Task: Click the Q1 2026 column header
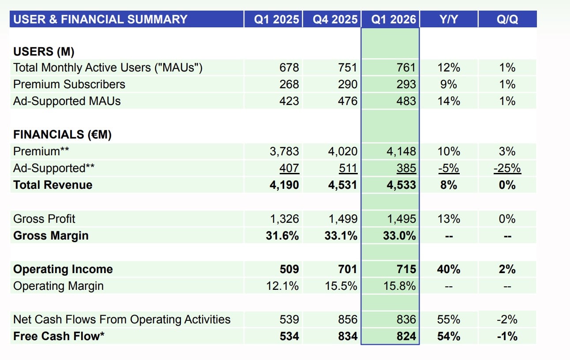(394, 19)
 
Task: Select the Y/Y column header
(448, 19)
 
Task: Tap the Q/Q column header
(507, 19)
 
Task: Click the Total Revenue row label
(53, 185)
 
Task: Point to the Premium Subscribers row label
(69, 84)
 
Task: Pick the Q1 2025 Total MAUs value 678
(289, 67)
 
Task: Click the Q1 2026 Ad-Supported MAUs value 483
(406, 101)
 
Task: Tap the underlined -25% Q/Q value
(507, 168)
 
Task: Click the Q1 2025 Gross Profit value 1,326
(284, 219)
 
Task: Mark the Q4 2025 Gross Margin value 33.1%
(339, 236)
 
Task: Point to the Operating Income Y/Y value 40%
(448, 269)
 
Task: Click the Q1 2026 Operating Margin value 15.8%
(399, 286)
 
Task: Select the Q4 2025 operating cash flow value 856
(348, 319)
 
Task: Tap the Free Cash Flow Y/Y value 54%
(448, 336)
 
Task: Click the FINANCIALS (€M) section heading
(62, 135)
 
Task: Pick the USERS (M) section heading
(44, 52)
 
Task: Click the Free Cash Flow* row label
(59, 336)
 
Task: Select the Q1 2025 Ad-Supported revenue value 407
(289, 168)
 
